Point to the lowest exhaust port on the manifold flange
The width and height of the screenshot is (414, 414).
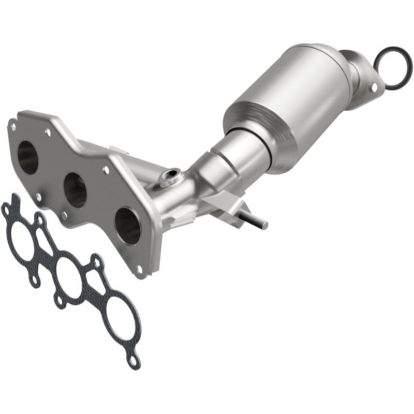click(x=126, y=226)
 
